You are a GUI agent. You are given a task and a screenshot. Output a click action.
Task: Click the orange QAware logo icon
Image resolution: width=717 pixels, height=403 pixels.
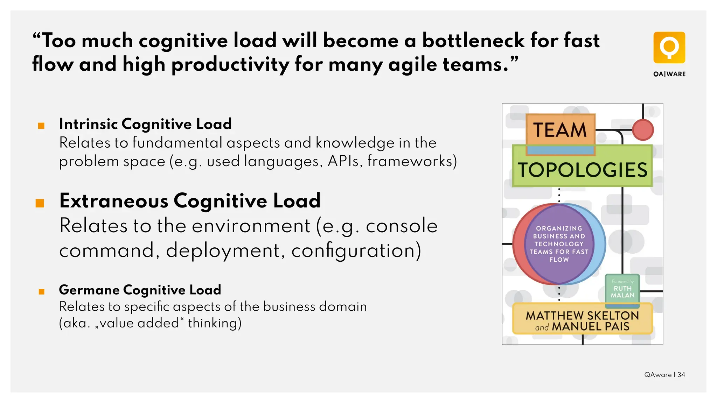coord(669,48)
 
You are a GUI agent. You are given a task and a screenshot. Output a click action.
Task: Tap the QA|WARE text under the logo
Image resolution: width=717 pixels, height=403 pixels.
coord(669,74)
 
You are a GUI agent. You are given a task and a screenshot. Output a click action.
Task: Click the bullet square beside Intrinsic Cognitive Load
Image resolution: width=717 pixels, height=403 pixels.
coord(41,126)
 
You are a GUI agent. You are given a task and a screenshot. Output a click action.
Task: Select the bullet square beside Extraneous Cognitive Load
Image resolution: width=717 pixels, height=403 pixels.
coord(40,203)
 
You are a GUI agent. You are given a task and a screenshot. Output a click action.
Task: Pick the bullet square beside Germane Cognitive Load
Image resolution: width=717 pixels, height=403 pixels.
coord(41,291)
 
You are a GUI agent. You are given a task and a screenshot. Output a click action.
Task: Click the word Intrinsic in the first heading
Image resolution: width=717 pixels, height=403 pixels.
coord(88,124)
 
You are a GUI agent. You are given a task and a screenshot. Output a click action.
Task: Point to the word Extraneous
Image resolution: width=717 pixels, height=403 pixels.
coord(114,201)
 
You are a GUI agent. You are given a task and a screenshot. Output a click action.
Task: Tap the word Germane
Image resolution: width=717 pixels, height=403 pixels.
coord(89,290)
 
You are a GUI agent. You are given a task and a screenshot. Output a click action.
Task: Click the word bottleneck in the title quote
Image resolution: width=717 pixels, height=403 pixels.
coord(473,41)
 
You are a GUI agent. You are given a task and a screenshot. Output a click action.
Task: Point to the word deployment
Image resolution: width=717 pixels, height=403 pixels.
coord(223,250)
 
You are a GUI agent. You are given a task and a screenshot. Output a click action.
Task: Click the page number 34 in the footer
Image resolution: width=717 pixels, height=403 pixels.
coord(681,375)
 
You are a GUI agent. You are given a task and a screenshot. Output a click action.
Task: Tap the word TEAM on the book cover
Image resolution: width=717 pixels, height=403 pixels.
coord(560,130)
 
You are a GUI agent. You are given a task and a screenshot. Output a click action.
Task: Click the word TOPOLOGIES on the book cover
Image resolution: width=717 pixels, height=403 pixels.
coord(583,170)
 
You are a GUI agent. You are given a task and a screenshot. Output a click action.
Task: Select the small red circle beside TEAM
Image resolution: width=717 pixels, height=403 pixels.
coord(643,130)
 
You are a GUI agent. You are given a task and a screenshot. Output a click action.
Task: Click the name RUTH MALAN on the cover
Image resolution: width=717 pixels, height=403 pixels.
coord(622,292)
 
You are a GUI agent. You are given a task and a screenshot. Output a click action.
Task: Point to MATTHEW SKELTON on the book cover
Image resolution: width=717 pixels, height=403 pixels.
coord(582,316)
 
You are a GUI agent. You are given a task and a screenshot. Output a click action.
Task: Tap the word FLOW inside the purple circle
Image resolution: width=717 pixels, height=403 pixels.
coord(559,260)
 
